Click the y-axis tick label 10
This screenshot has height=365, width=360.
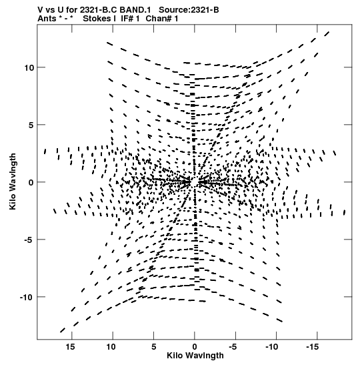point(29,68)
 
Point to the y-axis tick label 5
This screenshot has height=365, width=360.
point(31,125)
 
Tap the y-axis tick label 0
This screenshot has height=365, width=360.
point(31,183)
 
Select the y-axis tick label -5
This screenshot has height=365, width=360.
point(29,240)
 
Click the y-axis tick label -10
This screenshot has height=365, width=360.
point(27,297)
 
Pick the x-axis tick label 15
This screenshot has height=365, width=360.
point(70,347)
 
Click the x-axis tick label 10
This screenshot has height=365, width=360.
point(111,347)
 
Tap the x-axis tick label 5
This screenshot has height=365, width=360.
point(154,347)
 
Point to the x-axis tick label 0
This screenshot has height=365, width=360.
point(195,347)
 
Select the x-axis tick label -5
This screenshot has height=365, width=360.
point(233,347)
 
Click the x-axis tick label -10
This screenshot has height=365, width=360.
point(271,347)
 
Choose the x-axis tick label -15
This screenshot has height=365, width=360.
point(312,347)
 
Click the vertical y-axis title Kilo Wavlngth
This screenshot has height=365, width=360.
point(13,181)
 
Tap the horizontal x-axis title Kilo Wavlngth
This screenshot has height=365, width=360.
point(195,356)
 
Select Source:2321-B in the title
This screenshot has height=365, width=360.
point(189,10)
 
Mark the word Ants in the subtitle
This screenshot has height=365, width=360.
point(47,19)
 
